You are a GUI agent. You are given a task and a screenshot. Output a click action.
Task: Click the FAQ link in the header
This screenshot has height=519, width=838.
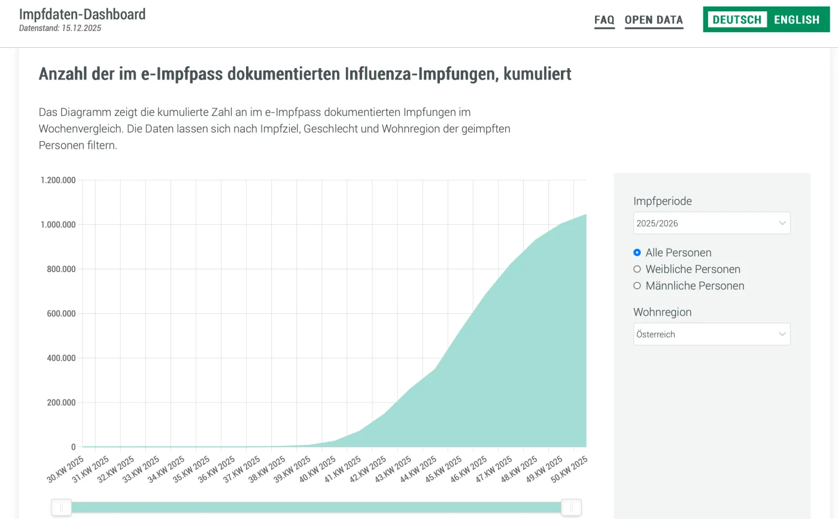point(604,20)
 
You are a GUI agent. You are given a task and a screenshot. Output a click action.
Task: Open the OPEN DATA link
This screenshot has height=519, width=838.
point(654,20)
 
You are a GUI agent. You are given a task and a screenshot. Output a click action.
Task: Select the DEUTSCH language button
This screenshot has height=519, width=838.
point(737,20)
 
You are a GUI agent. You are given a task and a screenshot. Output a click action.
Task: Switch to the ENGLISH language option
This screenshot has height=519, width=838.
point(796,20)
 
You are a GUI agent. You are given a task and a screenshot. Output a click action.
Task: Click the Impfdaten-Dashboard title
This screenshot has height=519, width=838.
point(82,14)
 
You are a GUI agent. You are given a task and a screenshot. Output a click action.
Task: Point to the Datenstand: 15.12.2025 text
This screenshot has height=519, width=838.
point(60,28)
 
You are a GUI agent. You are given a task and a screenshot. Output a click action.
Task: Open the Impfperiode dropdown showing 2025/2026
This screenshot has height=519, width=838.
point(711,223)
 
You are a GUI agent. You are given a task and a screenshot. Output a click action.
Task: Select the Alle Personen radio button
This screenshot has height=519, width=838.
point(637,252)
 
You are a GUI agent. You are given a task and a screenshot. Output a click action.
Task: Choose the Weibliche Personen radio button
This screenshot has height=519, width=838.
point(637,269)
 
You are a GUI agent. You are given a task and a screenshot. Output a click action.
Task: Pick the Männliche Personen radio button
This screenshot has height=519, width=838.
point(637,286)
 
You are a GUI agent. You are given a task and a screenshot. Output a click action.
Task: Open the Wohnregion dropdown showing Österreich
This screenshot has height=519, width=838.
point(711,334)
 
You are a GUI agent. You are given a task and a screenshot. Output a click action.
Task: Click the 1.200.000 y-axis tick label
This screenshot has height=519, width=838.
point(58,180)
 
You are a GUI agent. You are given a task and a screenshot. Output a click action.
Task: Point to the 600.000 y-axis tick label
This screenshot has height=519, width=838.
point(61,313)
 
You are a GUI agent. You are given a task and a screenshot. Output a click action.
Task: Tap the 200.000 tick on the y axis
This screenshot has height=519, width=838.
point(61,402)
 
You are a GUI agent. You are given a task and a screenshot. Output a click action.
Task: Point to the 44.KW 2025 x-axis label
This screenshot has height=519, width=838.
point(420,469)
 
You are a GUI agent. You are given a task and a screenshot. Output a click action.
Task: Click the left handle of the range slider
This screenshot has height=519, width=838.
point(61,508)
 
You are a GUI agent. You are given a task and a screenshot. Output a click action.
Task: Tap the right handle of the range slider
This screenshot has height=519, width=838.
point(571,508)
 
